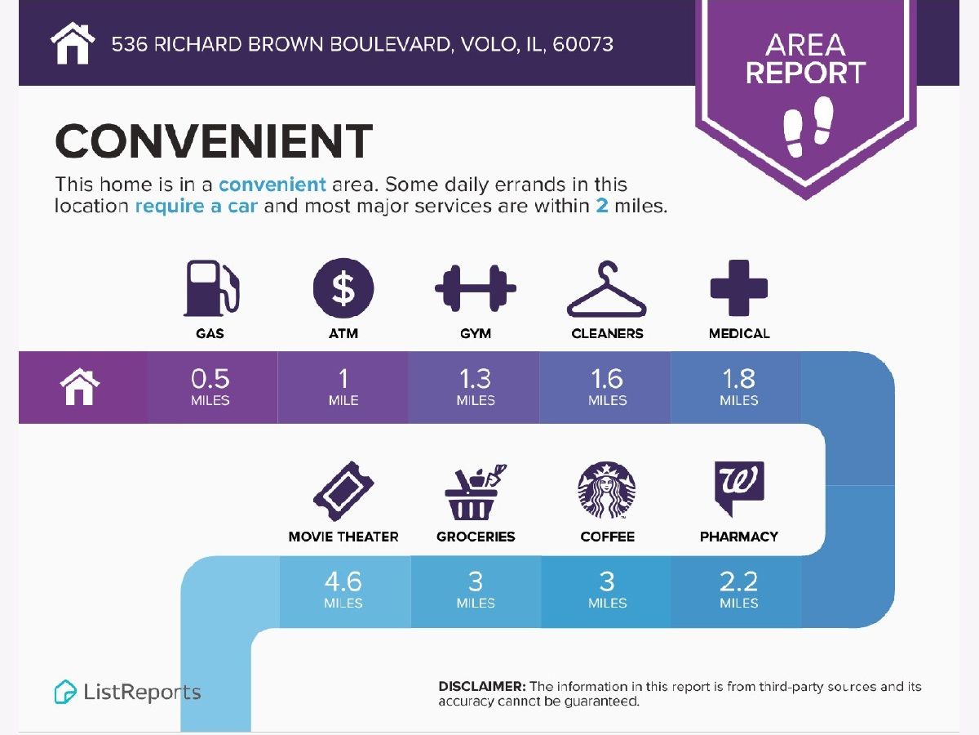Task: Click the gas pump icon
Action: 211,287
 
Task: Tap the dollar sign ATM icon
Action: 343,287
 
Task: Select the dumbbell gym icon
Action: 476,288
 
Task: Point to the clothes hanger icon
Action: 607,289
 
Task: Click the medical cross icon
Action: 739,287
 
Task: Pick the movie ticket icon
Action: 343,491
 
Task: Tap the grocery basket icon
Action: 476,492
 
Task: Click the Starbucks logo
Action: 607,490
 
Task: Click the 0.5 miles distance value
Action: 210,386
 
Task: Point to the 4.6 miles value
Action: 343,589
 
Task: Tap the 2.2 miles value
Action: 738,589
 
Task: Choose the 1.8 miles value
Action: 738,386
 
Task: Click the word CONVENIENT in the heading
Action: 214,141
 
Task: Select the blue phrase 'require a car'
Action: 197,206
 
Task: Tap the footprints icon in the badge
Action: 808,127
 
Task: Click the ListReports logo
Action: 127,693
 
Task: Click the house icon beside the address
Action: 73,43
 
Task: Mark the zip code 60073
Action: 583,44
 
